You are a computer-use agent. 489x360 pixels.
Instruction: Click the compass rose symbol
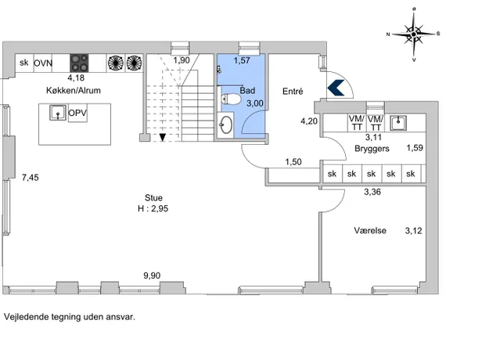(414, 34)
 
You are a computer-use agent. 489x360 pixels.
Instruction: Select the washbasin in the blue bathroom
(225, 124)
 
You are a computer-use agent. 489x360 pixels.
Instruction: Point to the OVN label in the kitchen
(43, 63)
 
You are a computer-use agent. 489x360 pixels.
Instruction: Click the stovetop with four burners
(80, 63)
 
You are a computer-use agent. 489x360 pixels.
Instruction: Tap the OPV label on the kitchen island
(77, 113)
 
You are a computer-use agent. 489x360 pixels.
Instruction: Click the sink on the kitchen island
(56, 113)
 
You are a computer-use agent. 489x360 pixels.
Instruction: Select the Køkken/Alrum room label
(74, 90)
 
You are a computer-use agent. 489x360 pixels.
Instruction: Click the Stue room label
(153, 198)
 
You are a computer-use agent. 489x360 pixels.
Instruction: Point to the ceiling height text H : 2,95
(153, 209)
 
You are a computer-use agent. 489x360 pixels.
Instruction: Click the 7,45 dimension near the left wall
(30, 178)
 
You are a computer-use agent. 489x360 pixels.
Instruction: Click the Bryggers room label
(371, 147)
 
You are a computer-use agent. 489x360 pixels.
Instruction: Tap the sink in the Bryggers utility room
(398, 121)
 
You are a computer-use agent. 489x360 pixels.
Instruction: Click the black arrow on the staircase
(162, 138)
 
